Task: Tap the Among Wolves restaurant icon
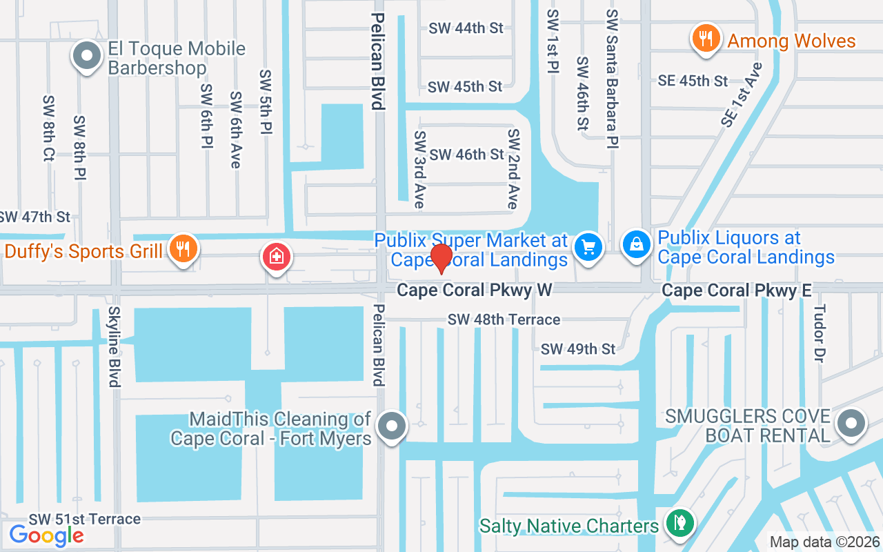705,39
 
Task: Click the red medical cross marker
277,258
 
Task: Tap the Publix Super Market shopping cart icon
588,247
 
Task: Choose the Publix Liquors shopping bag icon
636,245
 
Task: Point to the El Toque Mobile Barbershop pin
88,56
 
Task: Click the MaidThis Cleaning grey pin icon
393,426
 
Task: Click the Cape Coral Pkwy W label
474,290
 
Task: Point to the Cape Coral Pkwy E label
736,290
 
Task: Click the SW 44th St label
466,28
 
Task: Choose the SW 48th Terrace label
504,319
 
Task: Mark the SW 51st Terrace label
84,519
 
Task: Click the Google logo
46,535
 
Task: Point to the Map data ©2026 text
825,542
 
